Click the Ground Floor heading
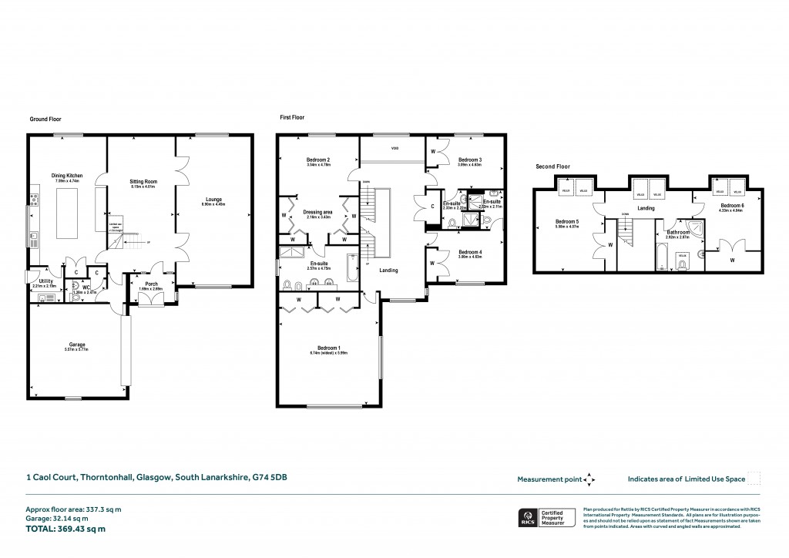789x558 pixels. [x=45, y=119]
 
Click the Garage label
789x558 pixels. [x=77, y=344]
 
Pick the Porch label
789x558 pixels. [x=151, y=283]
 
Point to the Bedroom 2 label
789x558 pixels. [x=317, y=160]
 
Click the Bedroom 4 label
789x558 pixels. [x=469, y=252]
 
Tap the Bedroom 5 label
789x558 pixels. [x=566, y=220]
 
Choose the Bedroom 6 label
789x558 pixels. [x=731, y=206]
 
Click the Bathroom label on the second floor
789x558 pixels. [x=678, y=232]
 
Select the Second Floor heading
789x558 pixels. [x=552, y=166]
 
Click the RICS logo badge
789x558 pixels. [x=529, y=516]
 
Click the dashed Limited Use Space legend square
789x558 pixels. [x=754, y=479]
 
